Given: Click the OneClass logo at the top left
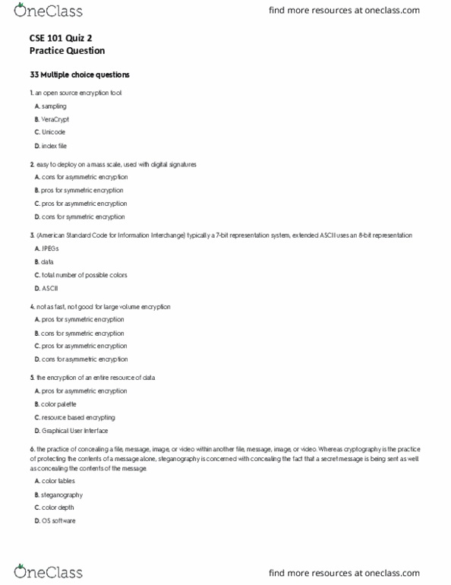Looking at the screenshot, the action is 48,12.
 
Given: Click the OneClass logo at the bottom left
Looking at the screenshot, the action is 48,571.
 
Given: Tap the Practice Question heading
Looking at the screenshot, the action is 68,51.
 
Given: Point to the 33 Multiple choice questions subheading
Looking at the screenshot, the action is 80,75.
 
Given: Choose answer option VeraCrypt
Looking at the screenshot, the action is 55,119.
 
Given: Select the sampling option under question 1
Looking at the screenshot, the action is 54,106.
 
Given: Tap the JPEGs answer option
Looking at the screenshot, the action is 51,248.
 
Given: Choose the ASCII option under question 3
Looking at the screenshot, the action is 49,288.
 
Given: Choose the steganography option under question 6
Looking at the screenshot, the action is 62,495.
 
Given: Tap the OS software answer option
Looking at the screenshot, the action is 58,520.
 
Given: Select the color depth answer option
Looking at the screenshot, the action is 58,508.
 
